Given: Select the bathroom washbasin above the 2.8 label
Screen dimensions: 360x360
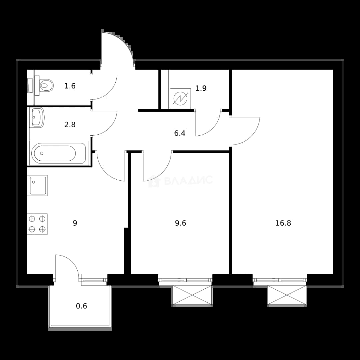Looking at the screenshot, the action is tap(37, 118).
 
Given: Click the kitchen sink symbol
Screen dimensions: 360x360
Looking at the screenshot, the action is tap(37, 186).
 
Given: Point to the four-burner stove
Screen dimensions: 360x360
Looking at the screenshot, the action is tap(37, 224).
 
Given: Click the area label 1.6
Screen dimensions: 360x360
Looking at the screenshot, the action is tap(70, 86).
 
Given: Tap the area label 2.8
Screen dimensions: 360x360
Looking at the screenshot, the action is tap(70, 125).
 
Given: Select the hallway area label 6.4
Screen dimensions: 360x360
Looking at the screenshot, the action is tap(180, 133).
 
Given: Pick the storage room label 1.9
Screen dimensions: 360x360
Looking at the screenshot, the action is tap(201, 88).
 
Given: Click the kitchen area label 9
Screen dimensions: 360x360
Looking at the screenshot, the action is tap(75, 223).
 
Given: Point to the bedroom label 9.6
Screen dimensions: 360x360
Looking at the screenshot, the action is tap(180, 223).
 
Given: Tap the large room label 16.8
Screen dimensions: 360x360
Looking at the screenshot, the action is tap(283, 223).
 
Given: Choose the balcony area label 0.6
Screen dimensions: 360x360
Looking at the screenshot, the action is tap(82, 306).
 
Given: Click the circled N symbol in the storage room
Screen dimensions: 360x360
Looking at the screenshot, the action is tap(180, 98).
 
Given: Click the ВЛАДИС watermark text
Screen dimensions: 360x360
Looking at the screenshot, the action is tap(188, 180).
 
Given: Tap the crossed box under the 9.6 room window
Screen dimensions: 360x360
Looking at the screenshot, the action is tap(192, 296).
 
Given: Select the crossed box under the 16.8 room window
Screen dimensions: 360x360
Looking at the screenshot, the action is tap(287, 296).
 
